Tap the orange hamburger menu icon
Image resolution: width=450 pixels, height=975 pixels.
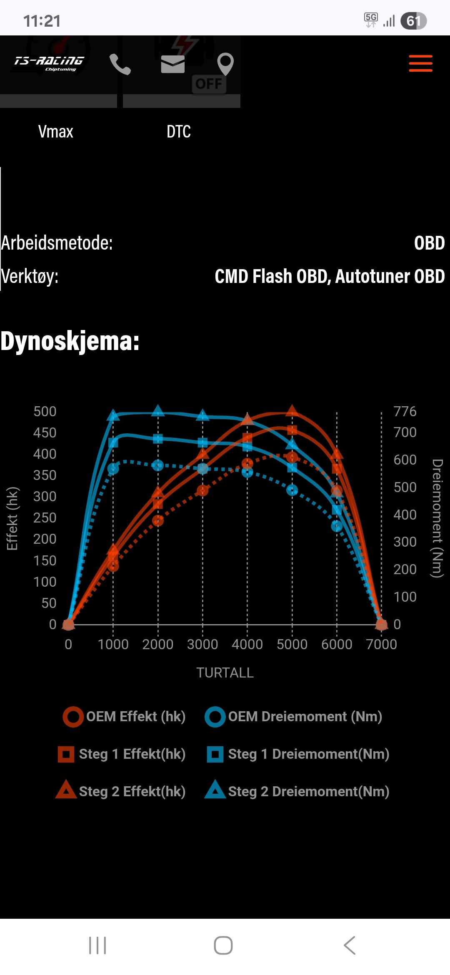coord(420,63)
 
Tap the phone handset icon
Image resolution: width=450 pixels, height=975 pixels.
coord(120,65)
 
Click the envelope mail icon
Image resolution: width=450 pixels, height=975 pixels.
coord(172,64)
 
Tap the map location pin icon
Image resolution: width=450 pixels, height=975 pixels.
coord(225,64)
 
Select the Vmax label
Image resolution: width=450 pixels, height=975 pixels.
coord(55,132)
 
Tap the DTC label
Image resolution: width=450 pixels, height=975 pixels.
coord(178,132)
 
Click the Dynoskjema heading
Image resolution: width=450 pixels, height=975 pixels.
coord(70,341)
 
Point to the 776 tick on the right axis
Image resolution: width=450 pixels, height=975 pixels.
coord(405,412)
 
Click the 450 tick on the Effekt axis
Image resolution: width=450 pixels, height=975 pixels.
coord(45,433)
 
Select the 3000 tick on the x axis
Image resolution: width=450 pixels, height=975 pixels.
coord(202,645)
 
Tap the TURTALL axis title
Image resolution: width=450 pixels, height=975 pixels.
coord(225,673)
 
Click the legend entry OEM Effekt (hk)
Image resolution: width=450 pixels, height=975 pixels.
coord(124,717)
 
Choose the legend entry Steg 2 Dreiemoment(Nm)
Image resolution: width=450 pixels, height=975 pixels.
coord(297,791)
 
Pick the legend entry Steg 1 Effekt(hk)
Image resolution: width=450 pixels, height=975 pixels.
coord(122,754)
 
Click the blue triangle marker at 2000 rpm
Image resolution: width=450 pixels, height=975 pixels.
coord(158,411)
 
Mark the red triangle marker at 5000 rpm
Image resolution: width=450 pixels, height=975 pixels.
coord(292,410)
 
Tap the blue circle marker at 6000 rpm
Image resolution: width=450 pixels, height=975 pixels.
coord(337,526)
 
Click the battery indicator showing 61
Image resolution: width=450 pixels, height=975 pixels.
coord(413,21)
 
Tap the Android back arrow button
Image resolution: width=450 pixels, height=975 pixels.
coord(350,945)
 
